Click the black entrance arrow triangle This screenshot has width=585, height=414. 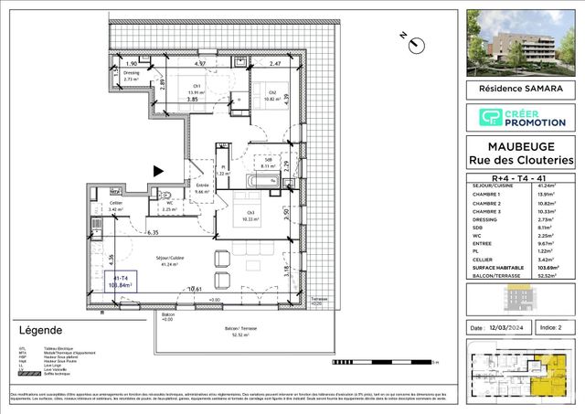click(x=159, y=170)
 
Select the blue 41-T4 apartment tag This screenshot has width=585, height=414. click(x=119, y=281)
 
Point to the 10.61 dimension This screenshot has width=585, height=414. click(x=195, y=290)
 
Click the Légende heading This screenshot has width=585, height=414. click(x=40, y=330)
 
